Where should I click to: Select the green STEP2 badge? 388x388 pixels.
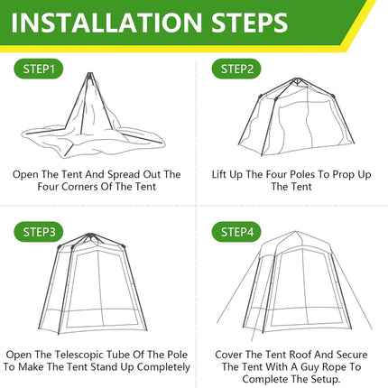point(237,69)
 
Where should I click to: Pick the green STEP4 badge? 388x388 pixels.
point(237,232)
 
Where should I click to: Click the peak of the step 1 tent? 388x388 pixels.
point(93,76)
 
